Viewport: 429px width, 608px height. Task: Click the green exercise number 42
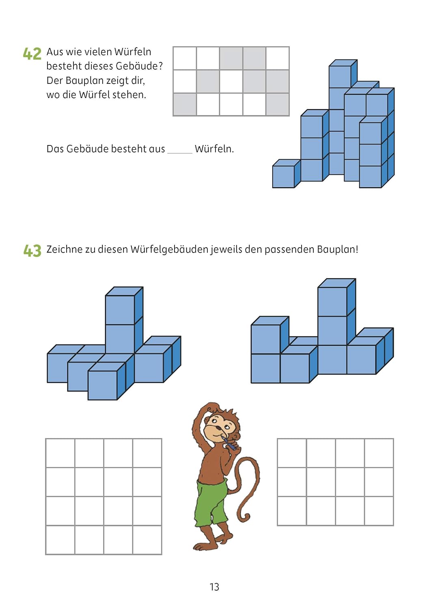(x=32, y=54)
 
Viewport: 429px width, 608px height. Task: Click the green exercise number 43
(x=32, y=250)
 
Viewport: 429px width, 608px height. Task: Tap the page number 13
(x=214, y=587)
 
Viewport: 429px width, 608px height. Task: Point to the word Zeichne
(x=65, y=249)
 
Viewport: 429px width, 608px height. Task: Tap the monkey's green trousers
(x=211, y=503)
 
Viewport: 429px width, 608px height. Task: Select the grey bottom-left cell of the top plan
(x=185, y=104)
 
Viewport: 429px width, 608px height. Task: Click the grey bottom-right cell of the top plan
(x=277, y=104)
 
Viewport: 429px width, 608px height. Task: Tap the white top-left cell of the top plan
(x=185, y=58)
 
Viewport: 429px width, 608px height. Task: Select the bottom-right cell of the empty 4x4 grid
(x=147, y=539)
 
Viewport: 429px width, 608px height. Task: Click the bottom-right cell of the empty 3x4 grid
(x=379, y=511)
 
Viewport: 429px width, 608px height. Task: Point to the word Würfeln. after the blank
(x=214, y=149)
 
